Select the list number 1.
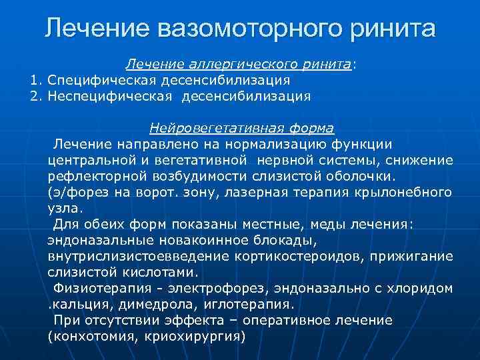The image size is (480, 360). (x=35, y=80)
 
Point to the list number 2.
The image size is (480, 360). (x=35, y=96)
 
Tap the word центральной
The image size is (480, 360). (x=87, y=160)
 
